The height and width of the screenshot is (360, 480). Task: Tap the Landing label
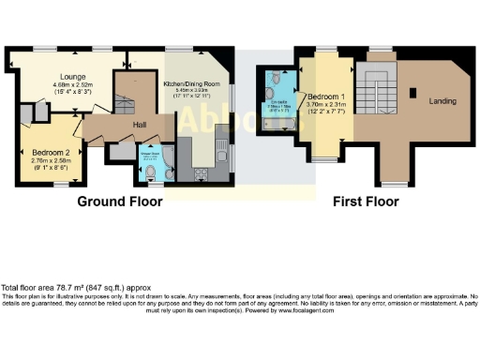[x=443, y=99]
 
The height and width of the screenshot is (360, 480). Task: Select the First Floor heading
[x=367, y=202]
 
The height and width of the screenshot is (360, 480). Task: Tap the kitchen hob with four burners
[x=200, y=172]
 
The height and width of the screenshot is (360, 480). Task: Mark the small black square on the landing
[x=412, y=90]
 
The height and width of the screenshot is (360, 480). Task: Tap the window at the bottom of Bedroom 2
[x=58, y=185]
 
